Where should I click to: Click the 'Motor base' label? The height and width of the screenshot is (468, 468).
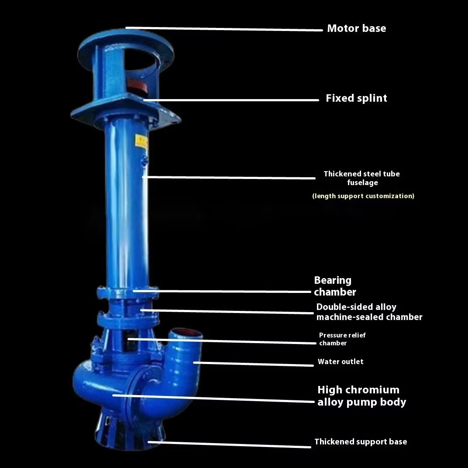click(x=356, y=28)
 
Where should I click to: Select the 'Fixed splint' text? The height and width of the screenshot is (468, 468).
click(x=356, y=98)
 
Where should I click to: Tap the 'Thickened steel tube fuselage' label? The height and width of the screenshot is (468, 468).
click(x=362, y=178)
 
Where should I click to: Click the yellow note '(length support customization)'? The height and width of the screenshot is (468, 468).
click(x=363, y=196)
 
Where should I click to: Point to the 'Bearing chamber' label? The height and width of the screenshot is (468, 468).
click(x=335, y=286)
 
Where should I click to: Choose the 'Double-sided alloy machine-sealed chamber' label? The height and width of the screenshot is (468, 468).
click(x=369, y=312)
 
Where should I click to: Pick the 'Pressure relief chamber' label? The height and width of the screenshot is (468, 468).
click(x=342, y=339)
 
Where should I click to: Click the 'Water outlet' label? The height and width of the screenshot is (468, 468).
click(x=341, y=362)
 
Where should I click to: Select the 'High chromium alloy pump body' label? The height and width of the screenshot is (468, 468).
click(x=362, y=396)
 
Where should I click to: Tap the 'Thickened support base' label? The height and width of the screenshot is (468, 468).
click(x=361, y=442)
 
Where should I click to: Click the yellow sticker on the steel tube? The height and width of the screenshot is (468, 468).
click(x=141, y=141)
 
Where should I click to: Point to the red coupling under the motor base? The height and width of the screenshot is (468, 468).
click(x=137, y=86)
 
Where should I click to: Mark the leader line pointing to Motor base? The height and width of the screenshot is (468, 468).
click(x=224, y=29)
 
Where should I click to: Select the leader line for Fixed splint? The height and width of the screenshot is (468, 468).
click(x=231, y=100)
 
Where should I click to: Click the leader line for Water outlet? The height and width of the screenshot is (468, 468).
click(x=253, y=364)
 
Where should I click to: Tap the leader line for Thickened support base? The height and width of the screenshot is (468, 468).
click(x=229, y=444)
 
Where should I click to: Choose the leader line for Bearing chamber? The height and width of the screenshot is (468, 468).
click(x=222, y=291)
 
